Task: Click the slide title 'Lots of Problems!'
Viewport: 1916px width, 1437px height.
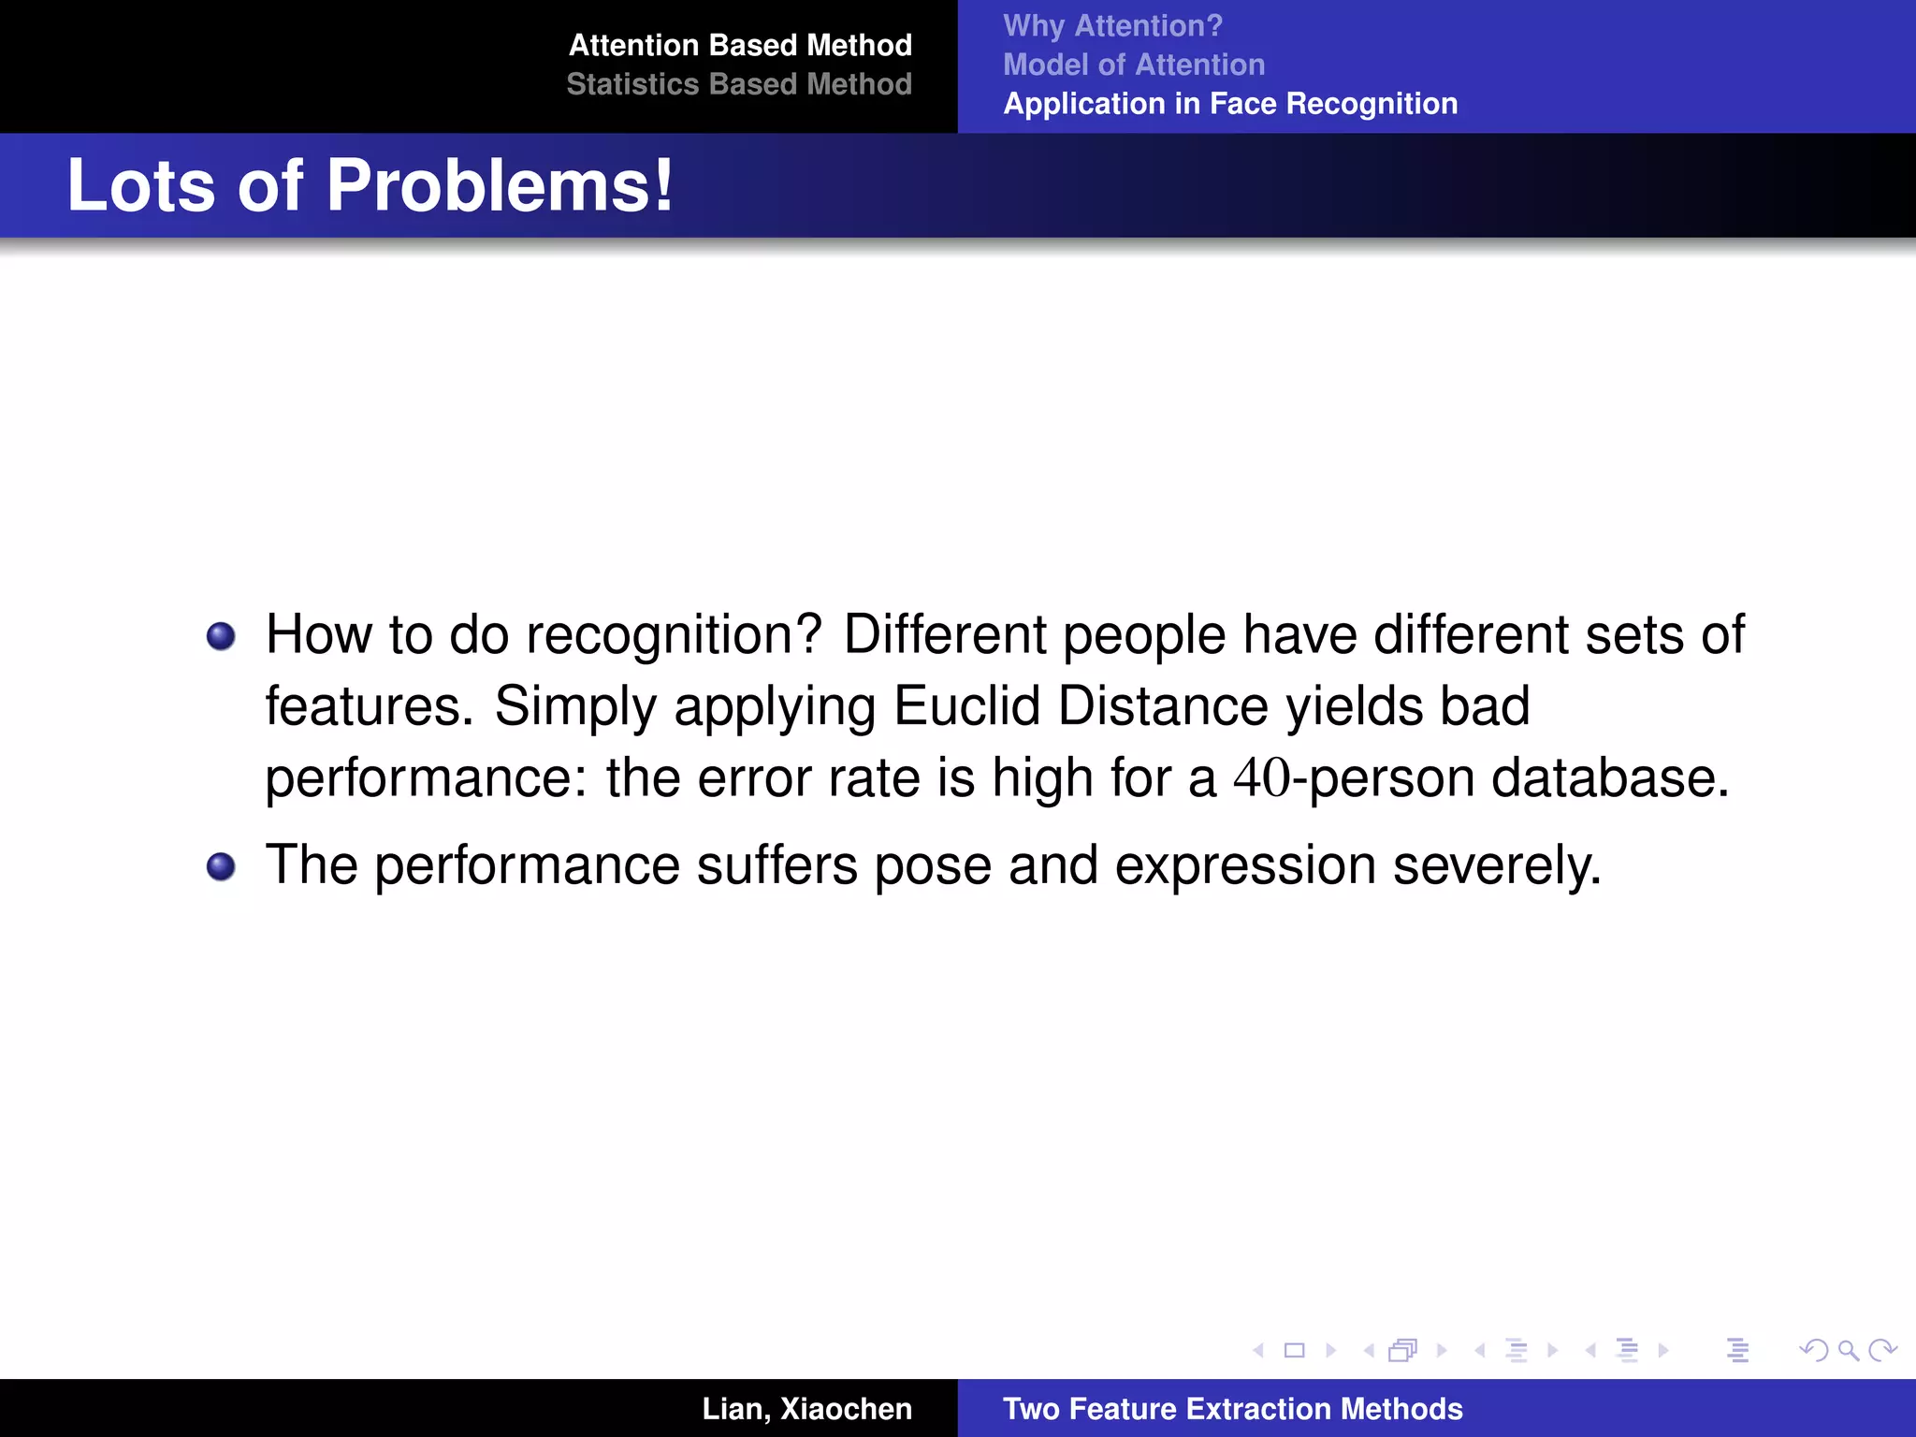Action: click(x=370, y=185)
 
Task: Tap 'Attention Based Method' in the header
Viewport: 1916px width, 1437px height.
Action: click(x=739, y=45)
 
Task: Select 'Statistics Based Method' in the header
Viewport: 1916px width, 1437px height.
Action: click(x=738, y=84)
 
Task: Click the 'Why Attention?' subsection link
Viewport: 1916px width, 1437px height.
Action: click(x=1112, y=25)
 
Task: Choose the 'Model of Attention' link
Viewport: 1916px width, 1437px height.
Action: click(x=1133, y=65)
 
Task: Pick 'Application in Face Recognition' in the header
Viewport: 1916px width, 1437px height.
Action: click(x=1229, y=103)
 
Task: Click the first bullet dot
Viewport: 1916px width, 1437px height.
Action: click(x=221, y=637)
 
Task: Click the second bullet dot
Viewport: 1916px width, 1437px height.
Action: click(x=221, y=867)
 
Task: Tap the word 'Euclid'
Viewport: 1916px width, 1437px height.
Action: click(x=966, y=706)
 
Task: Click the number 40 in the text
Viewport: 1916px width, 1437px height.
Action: click(x=1261, y=778)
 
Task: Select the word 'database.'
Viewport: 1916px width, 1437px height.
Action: click(x=1610, y=778)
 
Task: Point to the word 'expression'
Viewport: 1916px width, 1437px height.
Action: click(x=1245, y=865)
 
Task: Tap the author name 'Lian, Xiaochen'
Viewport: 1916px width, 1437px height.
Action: click(x=806, y=1408)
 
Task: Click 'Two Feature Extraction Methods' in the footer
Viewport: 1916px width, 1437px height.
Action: click(x=1232, y=1408)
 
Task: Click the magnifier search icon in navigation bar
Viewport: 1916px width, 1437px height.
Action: click(x=1848, y=1350)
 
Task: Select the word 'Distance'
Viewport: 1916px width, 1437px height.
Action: click(x=1163, y=706)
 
